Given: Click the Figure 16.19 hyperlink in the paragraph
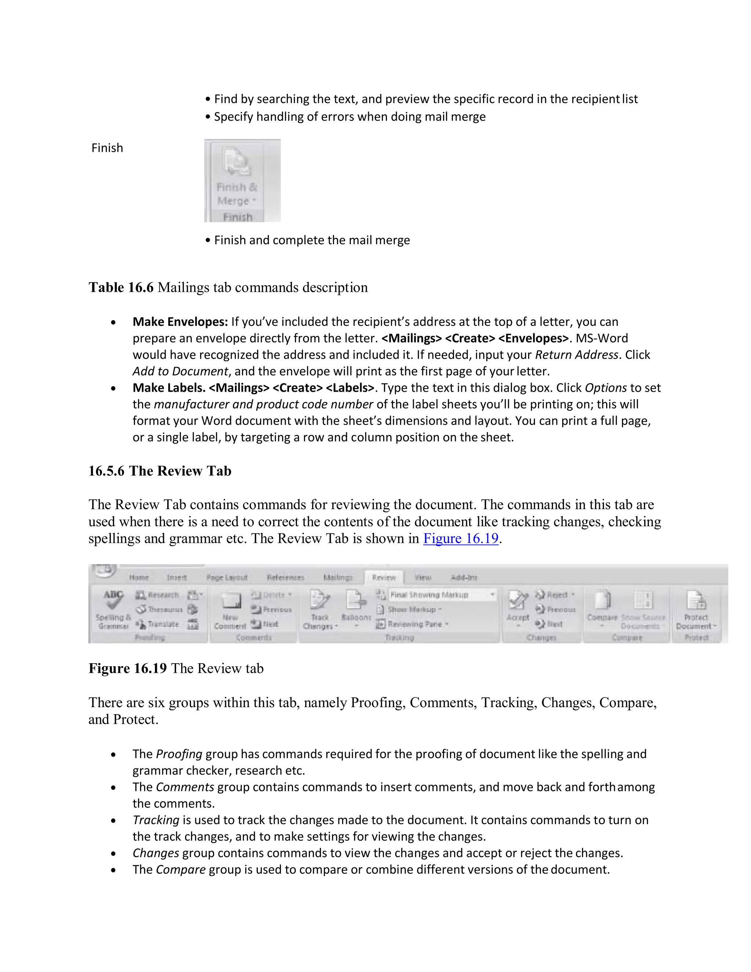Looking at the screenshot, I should (x=461, y=538).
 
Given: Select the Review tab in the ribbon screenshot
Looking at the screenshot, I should (x=384, y=577).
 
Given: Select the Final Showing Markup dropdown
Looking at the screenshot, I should (x=442, y=595).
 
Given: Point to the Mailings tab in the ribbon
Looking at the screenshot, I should (x=338, y=577).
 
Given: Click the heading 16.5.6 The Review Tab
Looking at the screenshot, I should (x=160, y=471).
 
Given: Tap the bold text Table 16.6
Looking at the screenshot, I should (x=121, y=288).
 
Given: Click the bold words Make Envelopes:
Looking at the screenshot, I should (x=180, y=322).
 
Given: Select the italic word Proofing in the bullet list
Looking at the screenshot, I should (x=179, y=754).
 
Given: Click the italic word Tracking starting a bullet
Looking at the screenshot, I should (x=156, y=820).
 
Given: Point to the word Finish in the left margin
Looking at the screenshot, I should (x=107, y=148).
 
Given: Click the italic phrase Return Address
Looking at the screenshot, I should (x=576, y=355).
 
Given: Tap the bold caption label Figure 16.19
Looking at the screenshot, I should (x=128, y=668).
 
